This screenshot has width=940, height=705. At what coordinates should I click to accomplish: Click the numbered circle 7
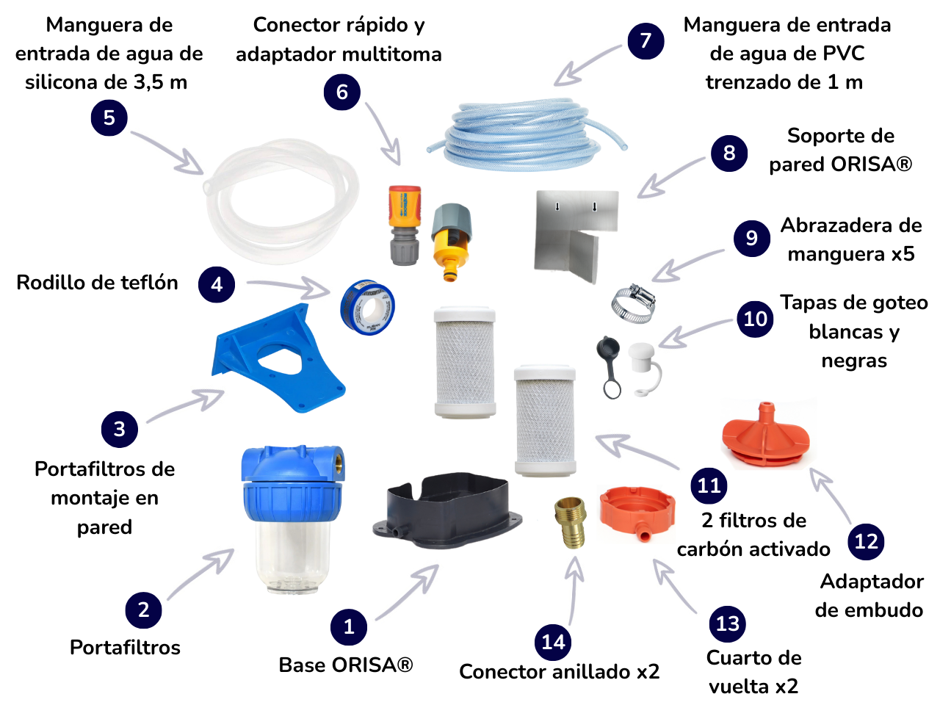click(646, 41)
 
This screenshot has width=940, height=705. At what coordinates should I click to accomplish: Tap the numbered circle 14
click(553, 642)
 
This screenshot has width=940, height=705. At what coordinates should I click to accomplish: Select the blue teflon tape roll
click(367, 307)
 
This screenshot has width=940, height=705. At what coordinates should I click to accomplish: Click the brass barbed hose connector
click(570, 522)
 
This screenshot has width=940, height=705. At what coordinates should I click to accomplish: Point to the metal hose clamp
click(633, 303)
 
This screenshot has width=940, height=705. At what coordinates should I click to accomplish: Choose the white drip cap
click(643, 369)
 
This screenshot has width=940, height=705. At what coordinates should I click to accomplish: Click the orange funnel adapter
click(765, 434)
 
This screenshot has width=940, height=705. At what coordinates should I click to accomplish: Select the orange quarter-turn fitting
click(637, 513)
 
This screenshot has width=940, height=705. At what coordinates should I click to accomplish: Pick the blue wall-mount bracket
click(278, 358)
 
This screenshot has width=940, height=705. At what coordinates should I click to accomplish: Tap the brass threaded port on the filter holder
click(338, 464)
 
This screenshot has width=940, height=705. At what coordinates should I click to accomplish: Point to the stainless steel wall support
click(576, 236)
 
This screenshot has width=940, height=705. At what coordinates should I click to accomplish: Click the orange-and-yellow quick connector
click(404, 225)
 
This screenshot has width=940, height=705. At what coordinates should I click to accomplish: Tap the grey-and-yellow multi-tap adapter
click(452, 242)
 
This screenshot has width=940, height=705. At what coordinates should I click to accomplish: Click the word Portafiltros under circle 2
click(125, 647)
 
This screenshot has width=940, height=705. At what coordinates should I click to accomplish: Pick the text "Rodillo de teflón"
click(97, 283)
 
